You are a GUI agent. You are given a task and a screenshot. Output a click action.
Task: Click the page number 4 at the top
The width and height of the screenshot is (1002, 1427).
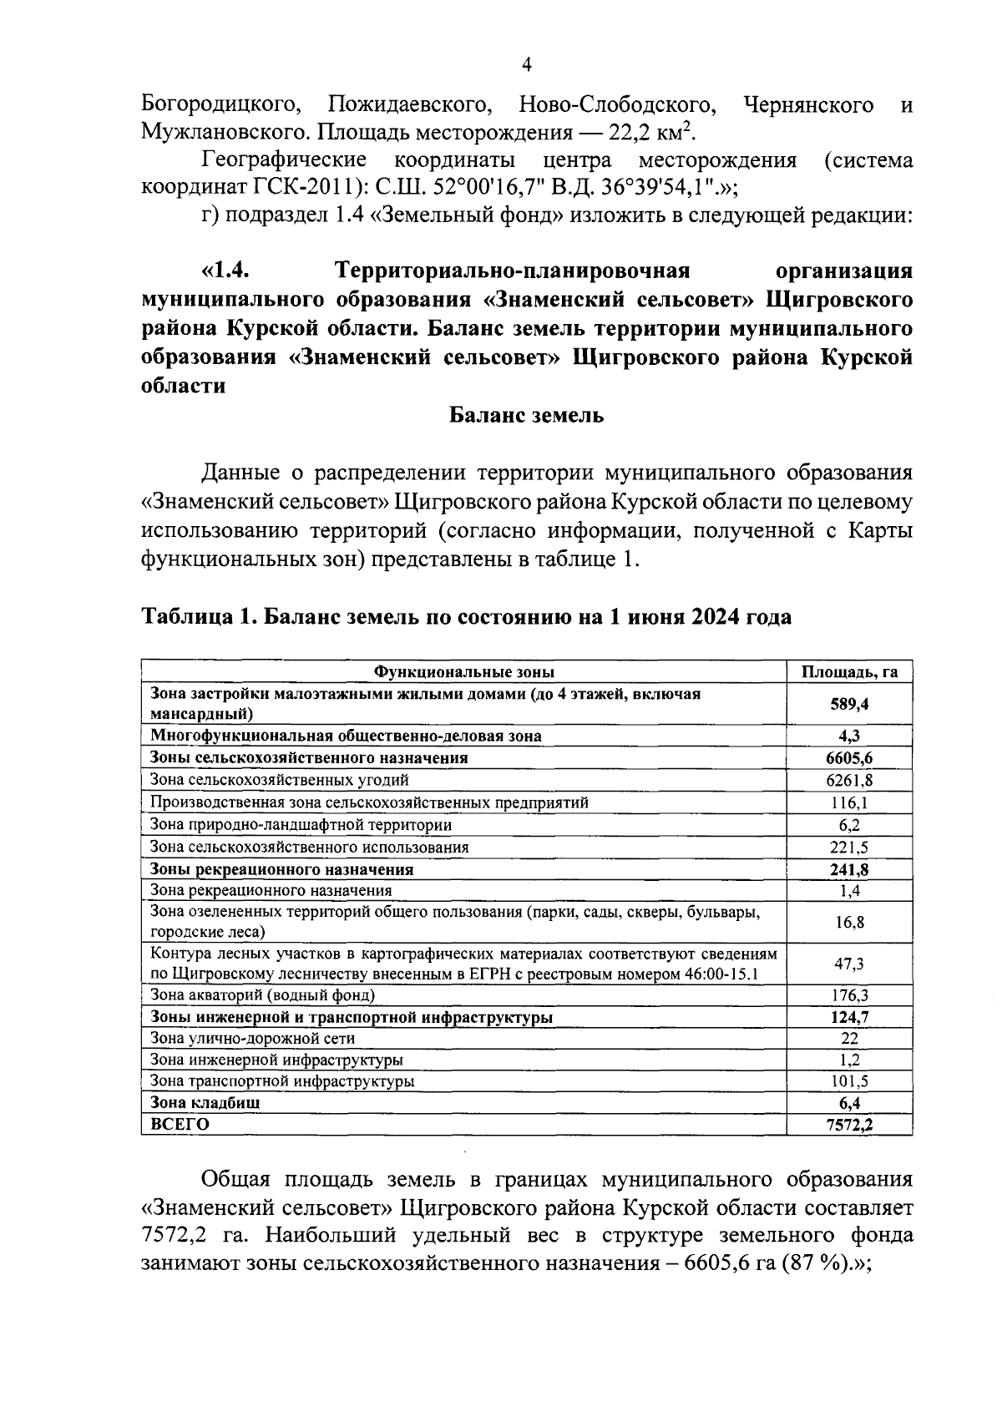526,65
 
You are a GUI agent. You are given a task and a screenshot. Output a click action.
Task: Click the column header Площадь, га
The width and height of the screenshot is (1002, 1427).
849,672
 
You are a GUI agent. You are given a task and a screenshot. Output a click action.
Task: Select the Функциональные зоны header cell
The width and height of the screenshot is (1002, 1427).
463,672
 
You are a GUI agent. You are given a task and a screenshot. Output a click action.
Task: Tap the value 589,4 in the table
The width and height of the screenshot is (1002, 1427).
849,704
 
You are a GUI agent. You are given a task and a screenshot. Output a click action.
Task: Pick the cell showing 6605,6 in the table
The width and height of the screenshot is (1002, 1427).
849,758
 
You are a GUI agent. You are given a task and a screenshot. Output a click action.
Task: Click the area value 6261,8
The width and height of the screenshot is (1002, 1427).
849,781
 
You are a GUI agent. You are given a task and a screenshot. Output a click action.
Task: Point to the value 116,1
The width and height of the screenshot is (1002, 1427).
849,802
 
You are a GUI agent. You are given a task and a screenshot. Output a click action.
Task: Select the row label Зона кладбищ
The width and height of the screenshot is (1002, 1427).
205,1102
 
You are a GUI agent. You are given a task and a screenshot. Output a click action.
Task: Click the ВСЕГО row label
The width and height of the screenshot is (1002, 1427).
180,1125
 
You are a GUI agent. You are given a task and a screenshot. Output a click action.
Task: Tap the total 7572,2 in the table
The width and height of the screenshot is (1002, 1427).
849,1125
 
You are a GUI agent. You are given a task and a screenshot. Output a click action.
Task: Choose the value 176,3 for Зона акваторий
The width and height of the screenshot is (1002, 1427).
849,995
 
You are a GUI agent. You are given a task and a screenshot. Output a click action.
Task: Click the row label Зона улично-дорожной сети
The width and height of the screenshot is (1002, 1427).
252,1039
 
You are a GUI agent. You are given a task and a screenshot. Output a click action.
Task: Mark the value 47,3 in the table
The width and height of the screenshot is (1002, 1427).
849,964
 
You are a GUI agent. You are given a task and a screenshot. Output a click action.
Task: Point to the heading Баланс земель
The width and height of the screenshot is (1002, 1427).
526,415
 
